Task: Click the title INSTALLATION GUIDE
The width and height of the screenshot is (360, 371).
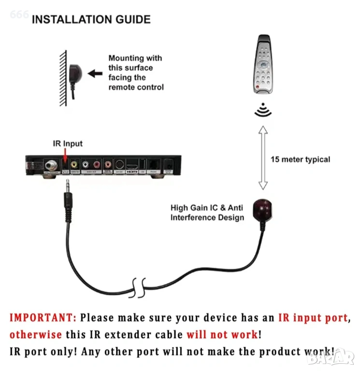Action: pos(91,20)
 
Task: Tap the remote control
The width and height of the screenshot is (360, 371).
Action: pos(262,64)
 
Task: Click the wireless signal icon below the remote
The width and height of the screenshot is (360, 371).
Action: pos(263,110)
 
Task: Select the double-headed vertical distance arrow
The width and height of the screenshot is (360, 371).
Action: pos(263,157)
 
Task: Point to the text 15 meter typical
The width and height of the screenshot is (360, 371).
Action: pos(300,159)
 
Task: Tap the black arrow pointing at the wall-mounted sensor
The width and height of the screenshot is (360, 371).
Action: pos(95,74)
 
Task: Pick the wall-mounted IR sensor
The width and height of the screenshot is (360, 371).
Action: pos(75,74)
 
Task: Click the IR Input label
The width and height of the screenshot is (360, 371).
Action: pos(68,143)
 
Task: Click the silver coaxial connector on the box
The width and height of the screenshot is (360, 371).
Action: pos(50,166)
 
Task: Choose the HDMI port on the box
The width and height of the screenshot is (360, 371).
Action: pos(132,166)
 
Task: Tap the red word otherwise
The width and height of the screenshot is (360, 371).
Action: pos(35,334)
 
